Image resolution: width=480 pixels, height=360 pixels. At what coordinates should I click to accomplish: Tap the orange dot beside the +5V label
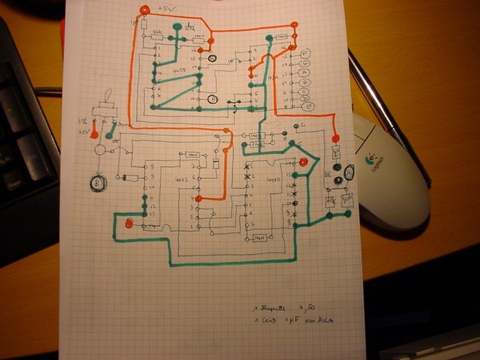(x=145, y=9)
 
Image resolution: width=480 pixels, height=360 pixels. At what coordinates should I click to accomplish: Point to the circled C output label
(x=304, y=87)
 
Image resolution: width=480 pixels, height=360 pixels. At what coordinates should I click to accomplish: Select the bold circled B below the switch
(x=98, y=183)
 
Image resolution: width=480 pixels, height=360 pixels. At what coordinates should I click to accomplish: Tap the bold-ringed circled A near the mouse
(x=349, y=173)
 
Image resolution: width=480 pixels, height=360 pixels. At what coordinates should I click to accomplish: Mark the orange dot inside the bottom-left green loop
(x=129, y=224)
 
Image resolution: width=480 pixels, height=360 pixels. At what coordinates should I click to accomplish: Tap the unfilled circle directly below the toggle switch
(x=98, y=148)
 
